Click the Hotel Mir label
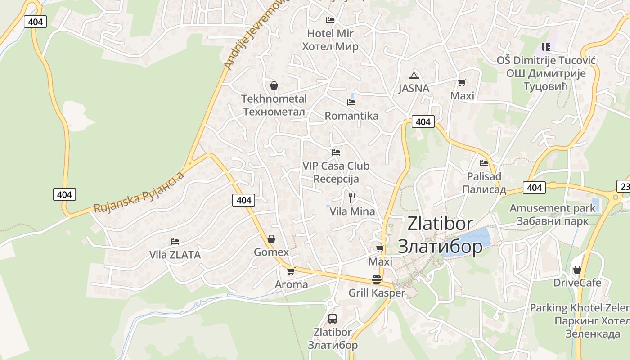pos(330,40)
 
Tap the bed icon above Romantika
pos(351,103)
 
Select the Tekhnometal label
pos(274,105)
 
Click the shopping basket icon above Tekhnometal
pos(274,85)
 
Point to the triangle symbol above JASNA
pos(414,76)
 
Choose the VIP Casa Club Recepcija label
pos(336,172)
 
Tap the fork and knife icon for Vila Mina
pos(352,198)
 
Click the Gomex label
pos(271,252)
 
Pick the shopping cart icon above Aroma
pos(291,271)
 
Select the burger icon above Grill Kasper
pos(377,279)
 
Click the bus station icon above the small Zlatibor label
pos(333,319)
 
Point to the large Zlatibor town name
pos(440,234)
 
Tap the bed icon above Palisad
pos(484,163)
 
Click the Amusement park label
pos(553,215)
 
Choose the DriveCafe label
pos(577,283)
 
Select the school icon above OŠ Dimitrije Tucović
pos(546,47)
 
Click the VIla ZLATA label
pos(175,255)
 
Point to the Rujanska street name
pos(139,192)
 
